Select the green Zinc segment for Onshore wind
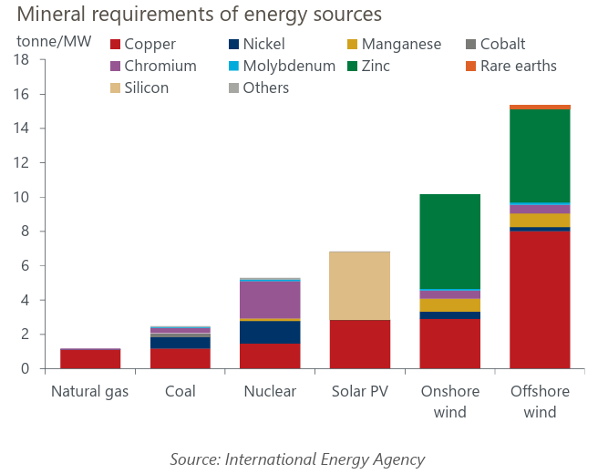coord(450,241)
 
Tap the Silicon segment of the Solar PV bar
coord(360,285)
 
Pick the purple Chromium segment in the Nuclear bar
coord(270,300)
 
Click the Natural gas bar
coord(90,358)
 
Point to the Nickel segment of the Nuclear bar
coord(270,332)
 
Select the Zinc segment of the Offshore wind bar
coord(540,155)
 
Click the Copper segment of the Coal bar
coord(180,358)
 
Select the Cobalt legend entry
coord(500,44)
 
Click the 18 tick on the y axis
coord(25,60)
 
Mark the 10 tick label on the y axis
coord(25,197)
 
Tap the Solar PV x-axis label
coord(360,392)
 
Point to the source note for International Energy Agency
coord(297,459)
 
